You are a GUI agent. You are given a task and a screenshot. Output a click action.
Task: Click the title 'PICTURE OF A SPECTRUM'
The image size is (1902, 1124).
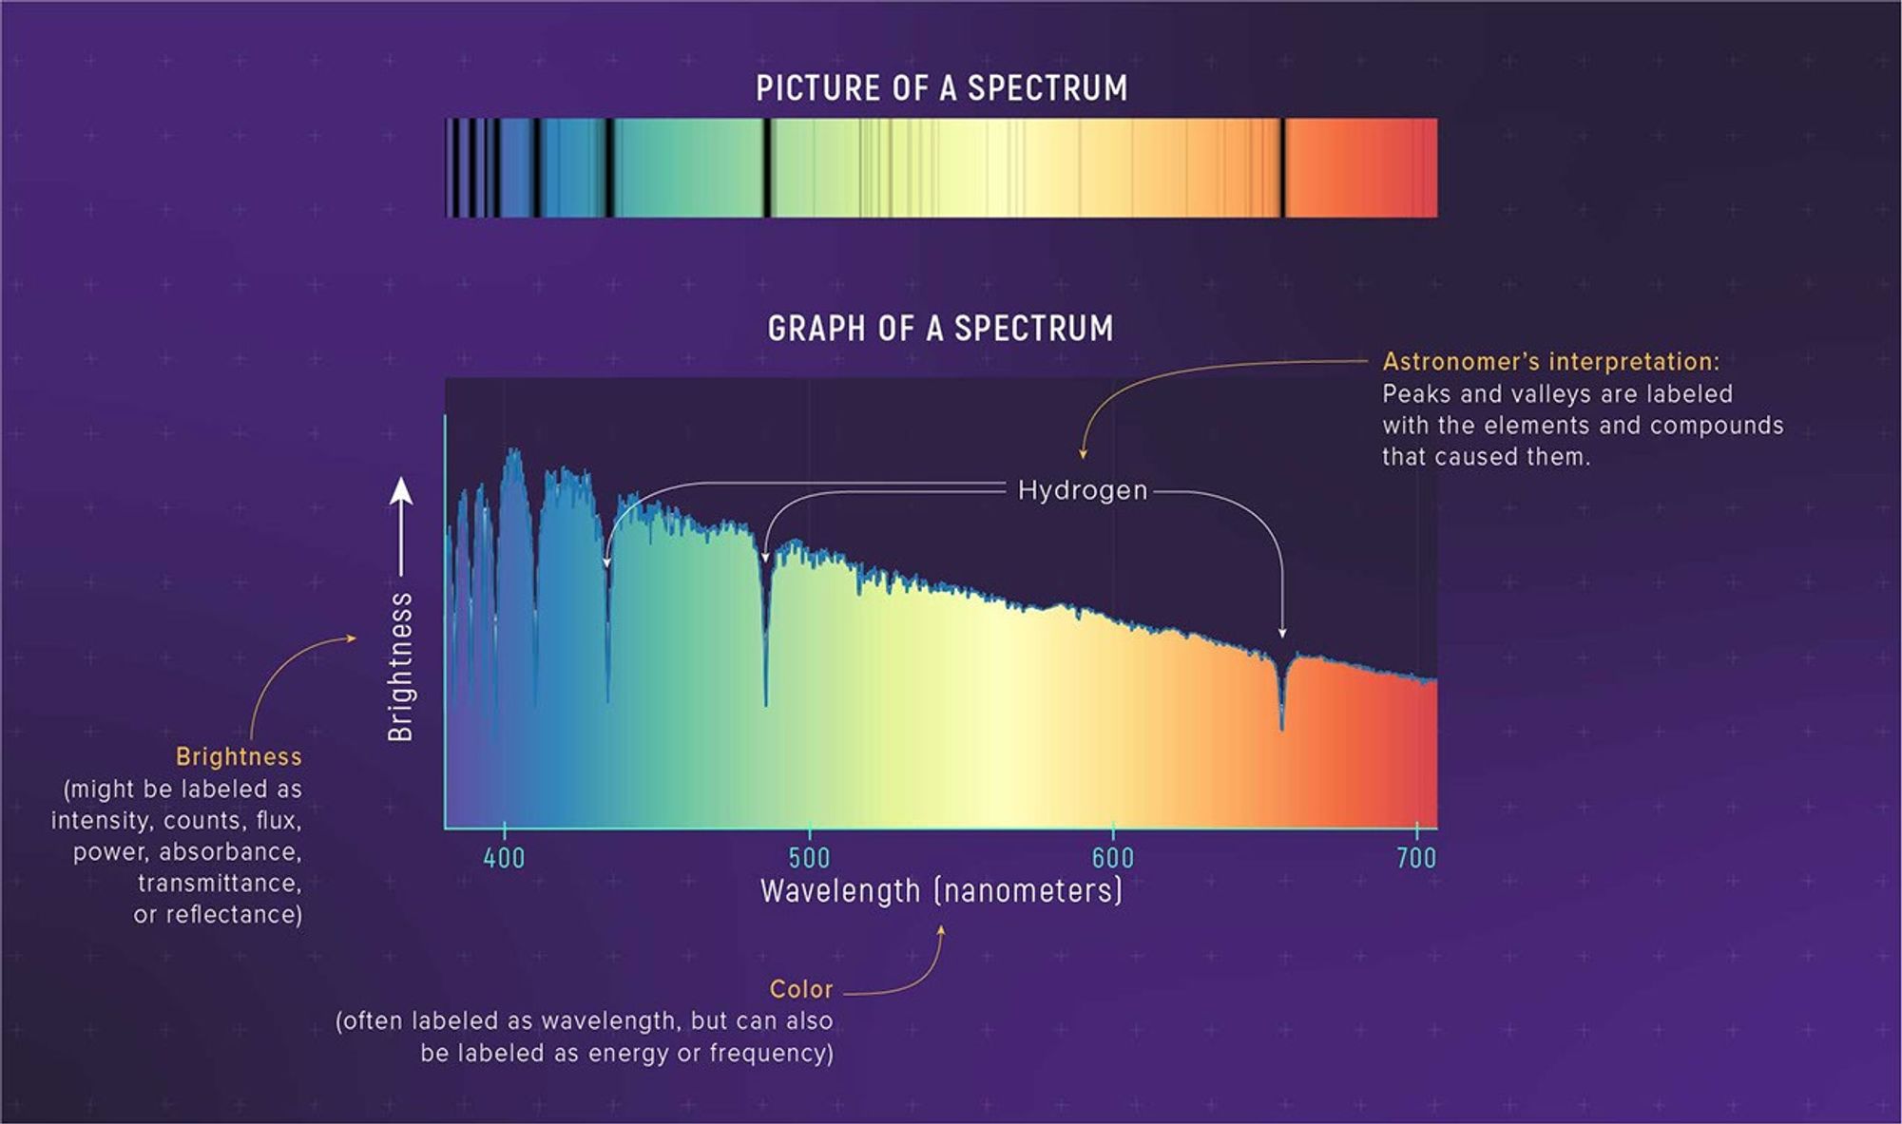(x=941, y=88)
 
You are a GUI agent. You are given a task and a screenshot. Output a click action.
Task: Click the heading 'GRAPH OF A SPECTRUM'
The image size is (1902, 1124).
(x=940, y=329)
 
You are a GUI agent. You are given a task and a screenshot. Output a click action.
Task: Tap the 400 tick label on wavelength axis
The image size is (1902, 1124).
(x=504, y=858)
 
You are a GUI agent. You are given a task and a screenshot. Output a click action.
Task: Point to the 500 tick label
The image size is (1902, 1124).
(x=809, y=858)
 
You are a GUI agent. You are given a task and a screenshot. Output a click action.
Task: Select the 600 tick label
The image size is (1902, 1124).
(x=1112, y=858)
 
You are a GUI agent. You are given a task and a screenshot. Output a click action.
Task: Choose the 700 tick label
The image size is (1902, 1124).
(x=1415, y=858)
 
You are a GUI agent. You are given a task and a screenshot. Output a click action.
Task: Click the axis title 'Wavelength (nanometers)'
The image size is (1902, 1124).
(x=941, y=891)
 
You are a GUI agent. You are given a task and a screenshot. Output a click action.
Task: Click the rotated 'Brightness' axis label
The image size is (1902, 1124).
(x=401, y=666)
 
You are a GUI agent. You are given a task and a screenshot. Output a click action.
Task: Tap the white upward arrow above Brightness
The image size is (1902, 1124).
(x=401, y=494)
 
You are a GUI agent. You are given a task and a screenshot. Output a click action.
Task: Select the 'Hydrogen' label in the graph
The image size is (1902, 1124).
(x=1083, y=490)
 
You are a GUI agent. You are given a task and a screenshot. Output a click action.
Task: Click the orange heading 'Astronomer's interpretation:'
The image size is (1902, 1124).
(x=1550, y=362)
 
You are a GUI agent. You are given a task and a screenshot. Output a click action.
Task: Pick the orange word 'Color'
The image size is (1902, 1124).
(x=800, y=989)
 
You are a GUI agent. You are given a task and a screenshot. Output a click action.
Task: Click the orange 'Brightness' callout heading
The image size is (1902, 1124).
(x=239, y=756)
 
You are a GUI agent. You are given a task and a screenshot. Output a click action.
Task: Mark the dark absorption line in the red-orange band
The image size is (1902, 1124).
(x=1282, y=167)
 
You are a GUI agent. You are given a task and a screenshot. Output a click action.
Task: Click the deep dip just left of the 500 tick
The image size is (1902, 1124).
(x=765, y=665)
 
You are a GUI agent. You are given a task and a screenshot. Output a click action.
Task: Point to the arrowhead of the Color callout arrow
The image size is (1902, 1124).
(x=942, y=931)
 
